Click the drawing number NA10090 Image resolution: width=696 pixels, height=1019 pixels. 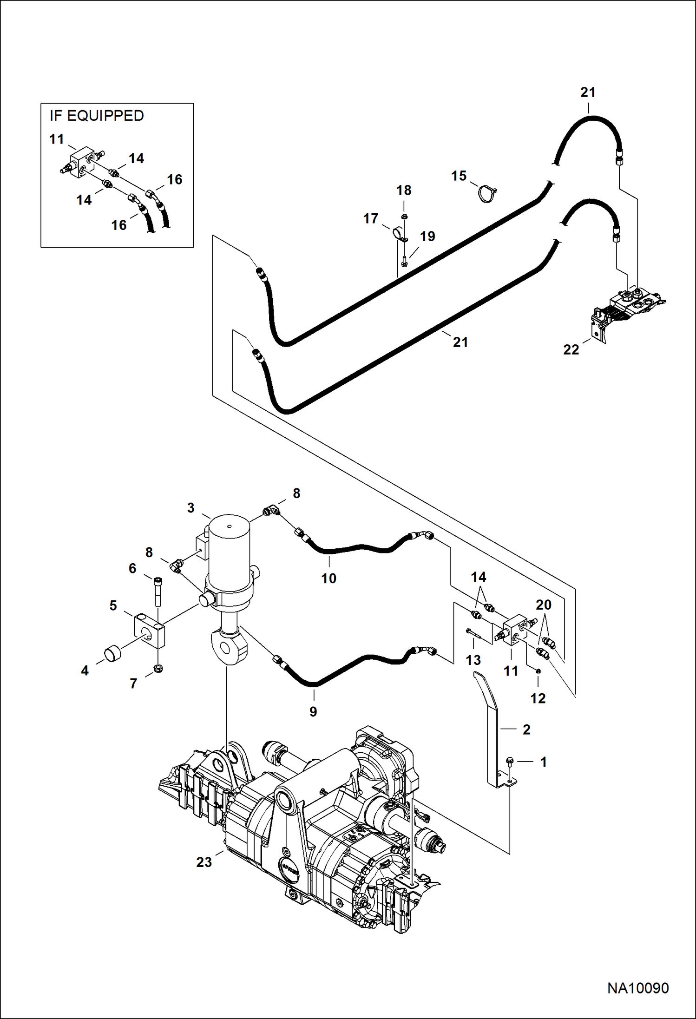638,988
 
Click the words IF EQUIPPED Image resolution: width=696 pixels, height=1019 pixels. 97,116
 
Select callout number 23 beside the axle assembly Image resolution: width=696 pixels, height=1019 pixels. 204,862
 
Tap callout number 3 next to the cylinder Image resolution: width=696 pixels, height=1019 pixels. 190,508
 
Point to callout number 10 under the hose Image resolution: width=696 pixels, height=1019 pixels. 328,579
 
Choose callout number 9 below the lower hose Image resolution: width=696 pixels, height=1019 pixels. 313,712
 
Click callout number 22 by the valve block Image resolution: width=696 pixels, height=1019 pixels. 571,349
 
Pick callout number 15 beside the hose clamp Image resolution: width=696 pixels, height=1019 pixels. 459,176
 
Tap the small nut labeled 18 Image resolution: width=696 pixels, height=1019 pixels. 404,217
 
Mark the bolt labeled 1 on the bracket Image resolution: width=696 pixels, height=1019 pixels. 508,761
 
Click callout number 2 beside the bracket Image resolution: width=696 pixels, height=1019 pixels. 526,730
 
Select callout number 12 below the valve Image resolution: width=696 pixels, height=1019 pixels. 538,698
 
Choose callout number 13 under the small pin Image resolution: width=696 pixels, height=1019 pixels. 473,660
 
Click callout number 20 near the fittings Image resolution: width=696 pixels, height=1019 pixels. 544,605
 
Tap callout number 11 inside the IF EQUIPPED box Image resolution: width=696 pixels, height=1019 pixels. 56,139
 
